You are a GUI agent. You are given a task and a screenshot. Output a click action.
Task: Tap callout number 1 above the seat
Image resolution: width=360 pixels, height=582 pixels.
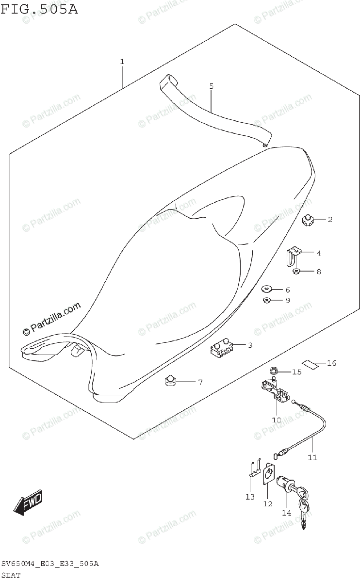[122, 62]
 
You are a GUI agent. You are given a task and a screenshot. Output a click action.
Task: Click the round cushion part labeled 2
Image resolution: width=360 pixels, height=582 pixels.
[307, 221]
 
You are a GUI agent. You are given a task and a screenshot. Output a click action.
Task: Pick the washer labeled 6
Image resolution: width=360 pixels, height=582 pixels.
[267, 290]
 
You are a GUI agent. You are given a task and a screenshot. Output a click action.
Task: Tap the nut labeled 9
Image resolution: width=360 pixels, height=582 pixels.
[266, 301]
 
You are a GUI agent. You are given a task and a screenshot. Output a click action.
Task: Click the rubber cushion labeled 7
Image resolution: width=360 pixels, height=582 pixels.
[170, 382]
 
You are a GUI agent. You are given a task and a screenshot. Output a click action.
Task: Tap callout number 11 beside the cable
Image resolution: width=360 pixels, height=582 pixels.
[311, 456]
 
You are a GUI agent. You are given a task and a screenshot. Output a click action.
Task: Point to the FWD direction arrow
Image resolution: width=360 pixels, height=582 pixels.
[28, 501]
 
